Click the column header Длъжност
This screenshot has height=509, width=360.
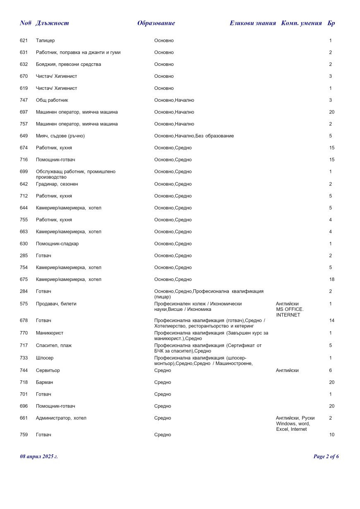pos(52,23)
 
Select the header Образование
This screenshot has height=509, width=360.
pos(156,23)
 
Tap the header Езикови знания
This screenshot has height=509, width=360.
pos(252,23)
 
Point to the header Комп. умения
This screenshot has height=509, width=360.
pos(301,23)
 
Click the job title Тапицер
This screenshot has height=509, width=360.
pos(45,41)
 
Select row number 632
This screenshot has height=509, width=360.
pos(24,65)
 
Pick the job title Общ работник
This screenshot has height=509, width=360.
pos(52,100)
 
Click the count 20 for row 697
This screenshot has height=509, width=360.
pos(331,112)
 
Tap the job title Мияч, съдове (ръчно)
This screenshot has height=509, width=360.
pos(60,136)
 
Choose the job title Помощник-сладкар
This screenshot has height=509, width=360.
pos(57,244)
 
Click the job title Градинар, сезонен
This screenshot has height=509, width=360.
pos(57,184)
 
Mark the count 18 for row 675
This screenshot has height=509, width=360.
pos(331,280)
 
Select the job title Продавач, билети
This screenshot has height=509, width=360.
pos(56,304)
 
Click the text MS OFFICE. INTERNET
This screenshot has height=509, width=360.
pos(289,312)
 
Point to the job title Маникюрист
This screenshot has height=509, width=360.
pos(50,333)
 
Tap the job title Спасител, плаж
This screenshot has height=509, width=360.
pos(54,345)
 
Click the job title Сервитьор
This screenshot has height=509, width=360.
pos(48,370)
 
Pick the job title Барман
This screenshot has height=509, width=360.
pos(44,382)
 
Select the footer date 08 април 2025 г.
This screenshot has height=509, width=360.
pos(39,456)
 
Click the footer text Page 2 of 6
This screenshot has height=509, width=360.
pos(326,456)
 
